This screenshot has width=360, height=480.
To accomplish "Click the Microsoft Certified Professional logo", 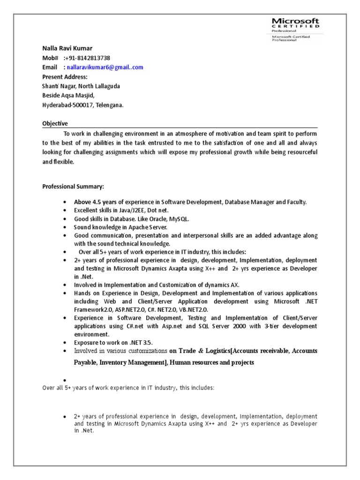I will click(x=295, y=29).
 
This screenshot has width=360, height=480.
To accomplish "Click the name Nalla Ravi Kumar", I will click(x=67, y=48).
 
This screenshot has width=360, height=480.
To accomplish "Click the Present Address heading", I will click(x=65, y=77).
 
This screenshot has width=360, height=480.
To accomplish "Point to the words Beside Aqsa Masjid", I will click(x=67, y=96).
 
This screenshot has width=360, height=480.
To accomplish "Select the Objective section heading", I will click(x=55, y=124).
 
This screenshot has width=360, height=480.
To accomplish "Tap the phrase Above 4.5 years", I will click(x=94, y=202).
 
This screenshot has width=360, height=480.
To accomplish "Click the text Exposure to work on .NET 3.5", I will click(x=113, y=342).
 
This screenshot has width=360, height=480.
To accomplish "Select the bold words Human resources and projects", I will click(x=211, y=362).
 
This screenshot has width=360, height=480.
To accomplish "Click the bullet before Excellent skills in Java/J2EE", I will click(x=64, y=211).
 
